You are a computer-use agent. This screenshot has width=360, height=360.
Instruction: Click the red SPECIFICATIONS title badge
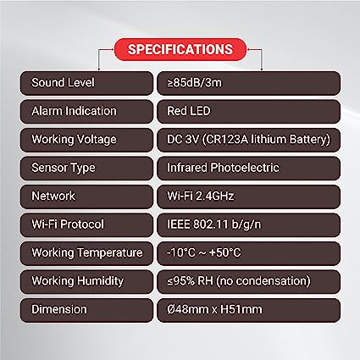coord(180,49)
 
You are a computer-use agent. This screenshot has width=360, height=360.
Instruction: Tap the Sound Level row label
coord(63,83)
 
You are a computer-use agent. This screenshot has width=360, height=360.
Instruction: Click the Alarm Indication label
coord(74,111)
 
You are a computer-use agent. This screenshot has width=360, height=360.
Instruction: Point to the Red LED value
coord(189,111)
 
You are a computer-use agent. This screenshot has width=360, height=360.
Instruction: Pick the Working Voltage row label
coord(74,140)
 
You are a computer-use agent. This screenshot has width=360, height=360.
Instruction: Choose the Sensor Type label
coord(64,168)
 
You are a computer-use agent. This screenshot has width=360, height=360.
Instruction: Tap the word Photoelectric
coord(245,168)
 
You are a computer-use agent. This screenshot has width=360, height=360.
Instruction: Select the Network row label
coord(53,196)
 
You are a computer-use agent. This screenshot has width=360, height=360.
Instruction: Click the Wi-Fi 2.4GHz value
coord(201,196)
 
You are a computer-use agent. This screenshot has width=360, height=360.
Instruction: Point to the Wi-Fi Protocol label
coord(68,224)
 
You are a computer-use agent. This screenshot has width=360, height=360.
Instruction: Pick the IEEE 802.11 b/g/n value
coord(214,224)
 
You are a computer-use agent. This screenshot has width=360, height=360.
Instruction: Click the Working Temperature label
coord(87,252)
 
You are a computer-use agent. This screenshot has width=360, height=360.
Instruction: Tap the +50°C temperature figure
coord(225,252)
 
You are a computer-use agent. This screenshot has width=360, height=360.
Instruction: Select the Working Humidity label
coord(78,281)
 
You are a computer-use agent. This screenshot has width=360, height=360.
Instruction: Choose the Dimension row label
coord(59,309)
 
